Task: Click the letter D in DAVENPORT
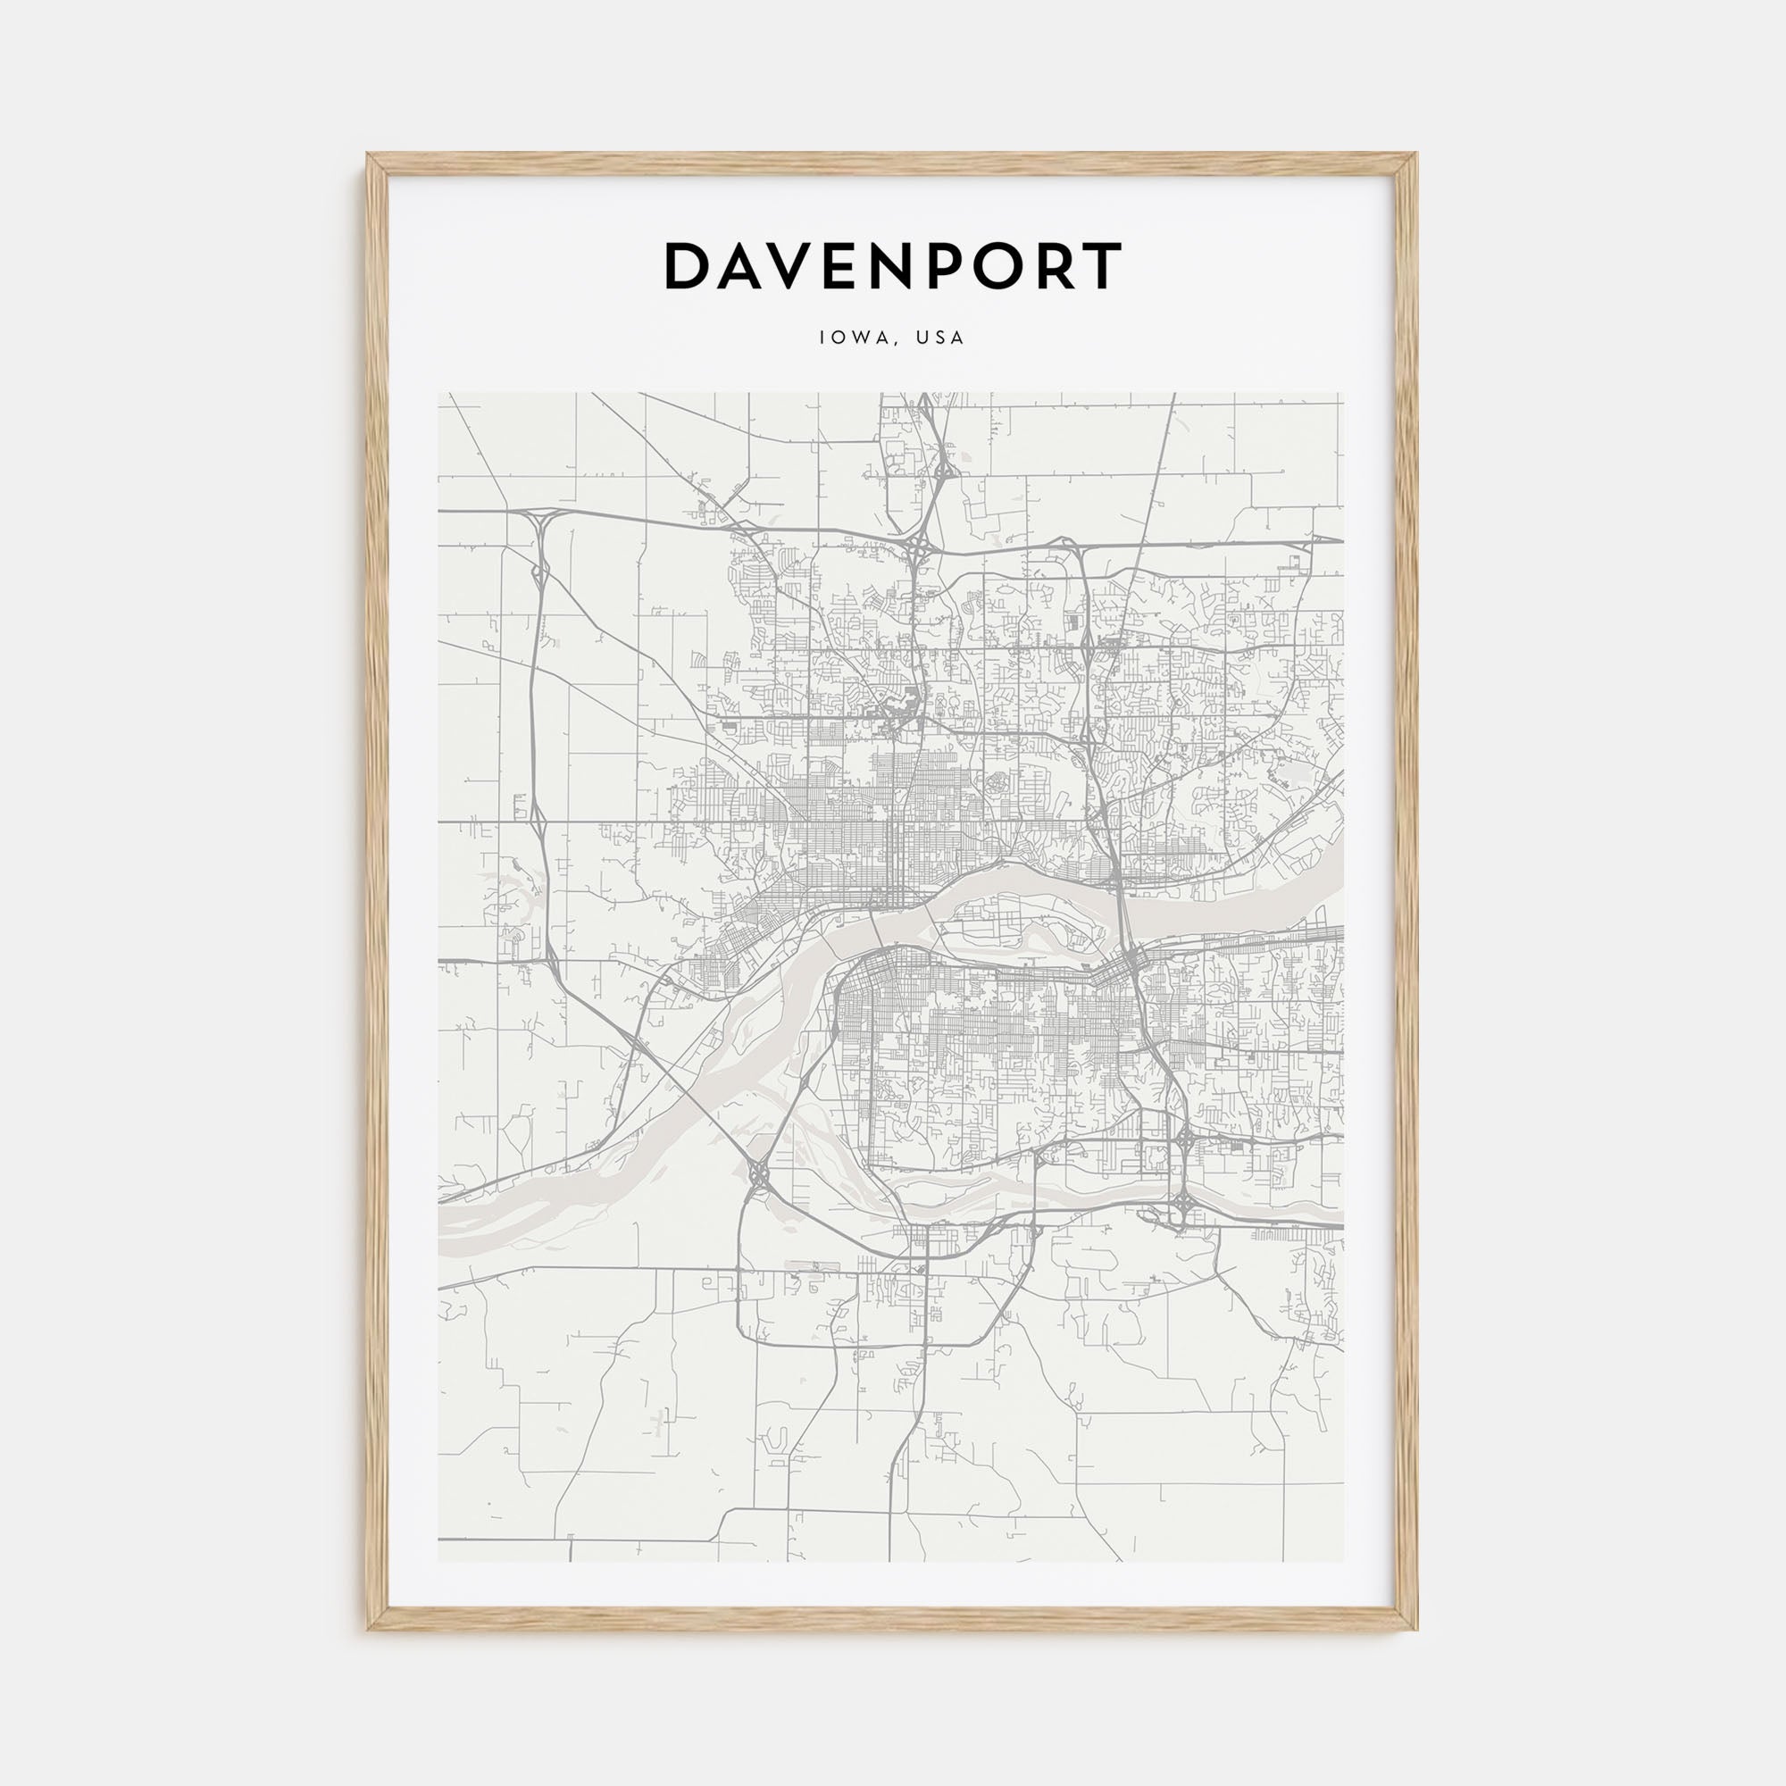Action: point(689,267)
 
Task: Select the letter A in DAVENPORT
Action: point(746,267)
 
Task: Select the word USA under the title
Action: point(941,338)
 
